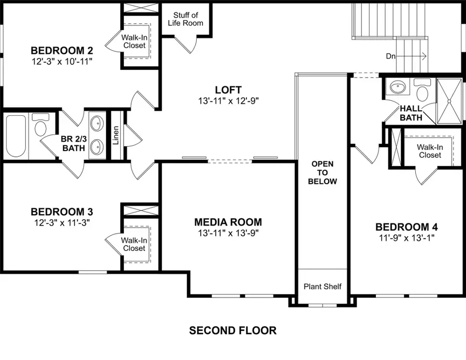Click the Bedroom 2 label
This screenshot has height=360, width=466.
click(62, 51)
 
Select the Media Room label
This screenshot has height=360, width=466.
click(228, 222)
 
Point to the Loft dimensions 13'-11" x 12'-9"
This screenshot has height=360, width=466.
click(228, 100)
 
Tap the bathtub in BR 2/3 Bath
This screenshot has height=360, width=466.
click(16, 136)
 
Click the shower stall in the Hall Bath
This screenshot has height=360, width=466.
click(448, 101)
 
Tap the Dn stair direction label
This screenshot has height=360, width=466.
click(392, 56)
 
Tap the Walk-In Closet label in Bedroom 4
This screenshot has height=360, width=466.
click(430, 151)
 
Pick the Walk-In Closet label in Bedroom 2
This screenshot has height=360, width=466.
click(134, 41)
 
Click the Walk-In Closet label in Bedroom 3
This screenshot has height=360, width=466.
click(134, 244)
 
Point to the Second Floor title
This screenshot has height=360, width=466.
click(232, 330)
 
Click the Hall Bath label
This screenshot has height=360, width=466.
click(411, 113)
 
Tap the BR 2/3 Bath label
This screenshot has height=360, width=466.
click(73, 143)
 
